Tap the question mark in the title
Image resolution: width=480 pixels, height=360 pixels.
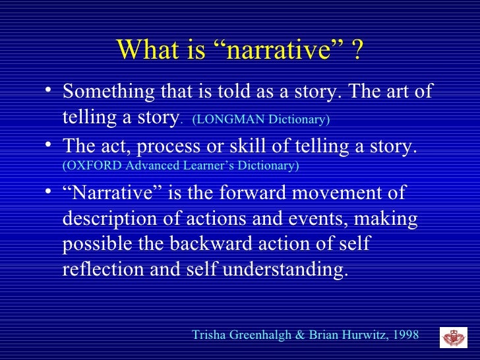click(357, 49)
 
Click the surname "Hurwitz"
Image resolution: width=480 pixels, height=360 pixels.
click(363, 335)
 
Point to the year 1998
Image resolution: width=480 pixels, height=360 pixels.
click(405, 335)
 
